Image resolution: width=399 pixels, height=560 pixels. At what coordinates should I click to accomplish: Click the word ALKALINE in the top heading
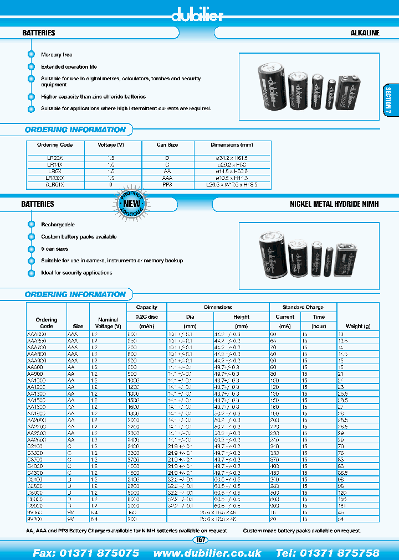click(365, 33)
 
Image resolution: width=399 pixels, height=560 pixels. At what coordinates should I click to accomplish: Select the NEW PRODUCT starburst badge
click(131, 204)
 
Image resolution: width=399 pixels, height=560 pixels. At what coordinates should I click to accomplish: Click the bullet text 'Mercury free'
click(57, 55)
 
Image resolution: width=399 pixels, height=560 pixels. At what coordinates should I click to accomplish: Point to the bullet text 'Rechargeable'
click(58, 225)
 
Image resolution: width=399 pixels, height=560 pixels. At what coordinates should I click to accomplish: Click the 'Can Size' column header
click(167, 145)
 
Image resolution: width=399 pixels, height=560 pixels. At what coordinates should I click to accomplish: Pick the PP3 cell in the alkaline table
click(167, 185)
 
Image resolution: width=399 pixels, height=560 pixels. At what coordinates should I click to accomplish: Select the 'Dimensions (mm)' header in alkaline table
click(232, 145)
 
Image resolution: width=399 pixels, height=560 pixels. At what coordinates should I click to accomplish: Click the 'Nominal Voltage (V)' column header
click(108, 323)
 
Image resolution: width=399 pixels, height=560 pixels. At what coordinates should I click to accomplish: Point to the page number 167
click(199, 540)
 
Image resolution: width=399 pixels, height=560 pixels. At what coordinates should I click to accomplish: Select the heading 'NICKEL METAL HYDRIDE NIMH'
click(335, 204)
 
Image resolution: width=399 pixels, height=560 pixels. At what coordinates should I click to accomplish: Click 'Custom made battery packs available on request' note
click(302, 531)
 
